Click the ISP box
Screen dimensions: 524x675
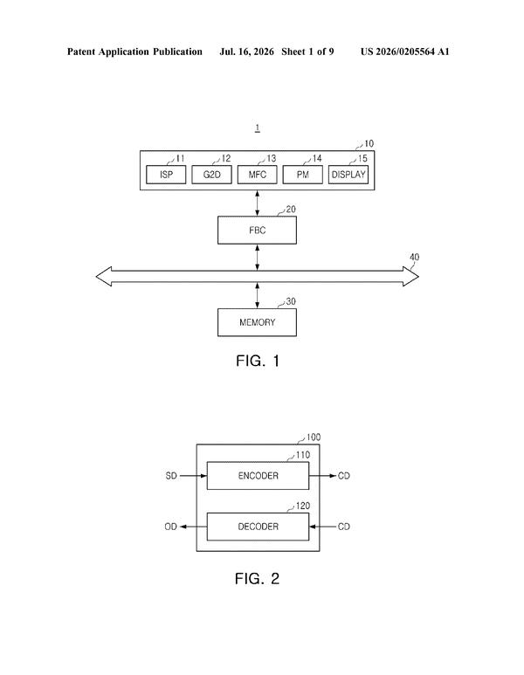pos(166,175)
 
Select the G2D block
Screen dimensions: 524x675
pos(212,175)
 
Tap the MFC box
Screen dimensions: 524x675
pos(258,175)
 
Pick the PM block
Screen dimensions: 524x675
pos(303,175)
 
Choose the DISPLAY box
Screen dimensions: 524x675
pos(348,175)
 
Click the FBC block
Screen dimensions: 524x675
pos(257,231)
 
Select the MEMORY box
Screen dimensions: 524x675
pos(257,322)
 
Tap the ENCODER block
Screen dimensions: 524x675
pos(258,476)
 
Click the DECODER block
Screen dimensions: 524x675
pos(258,527)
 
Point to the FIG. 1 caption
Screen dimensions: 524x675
pos(258,361)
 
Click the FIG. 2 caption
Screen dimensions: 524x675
pos(257,579)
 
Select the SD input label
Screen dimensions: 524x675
pos(171,476)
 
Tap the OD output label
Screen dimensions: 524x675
pos(171,527)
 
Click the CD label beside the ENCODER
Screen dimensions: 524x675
pos(344,476)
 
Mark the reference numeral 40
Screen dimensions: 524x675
pos(414,258)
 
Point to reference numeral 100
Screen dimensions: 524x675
pos(314,437)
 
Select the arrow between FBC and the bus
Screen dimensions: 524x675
pos(258,258)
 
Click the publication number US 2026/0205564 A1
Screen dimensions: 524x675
pos(404,52)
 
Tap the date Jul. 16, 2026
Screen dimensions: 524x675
pos(246,52)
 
